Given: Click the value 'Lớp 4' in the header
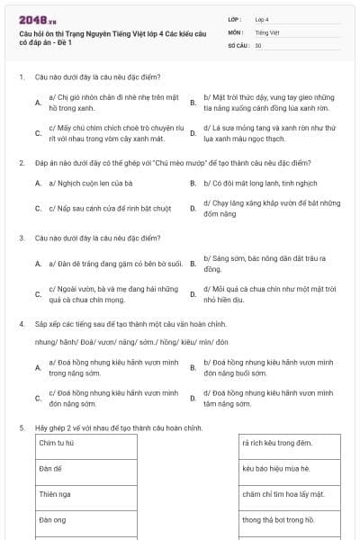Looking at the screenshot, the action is [262, 18].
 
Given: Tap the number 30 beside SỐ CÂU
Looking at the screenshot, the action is [258, 45].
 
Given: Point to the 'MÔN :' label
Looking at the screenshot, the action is [238, 31].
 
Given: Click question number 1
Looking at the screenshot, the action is [21, 77].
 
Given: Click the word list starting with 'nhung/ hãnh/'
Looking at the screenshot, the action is [131, 342].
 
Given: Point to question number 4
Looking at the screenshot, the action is [21, 322].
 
